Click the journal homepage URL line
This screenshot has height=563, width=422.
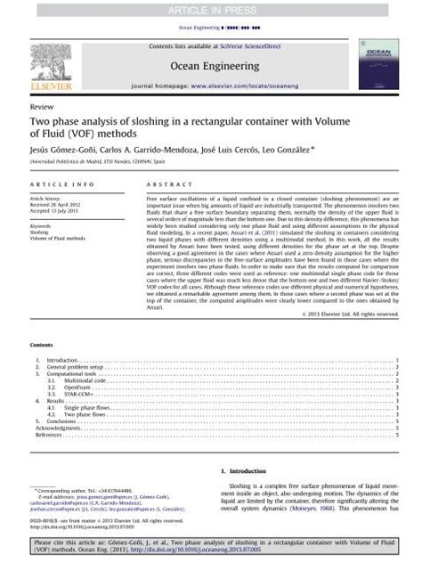coord(210,88)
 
